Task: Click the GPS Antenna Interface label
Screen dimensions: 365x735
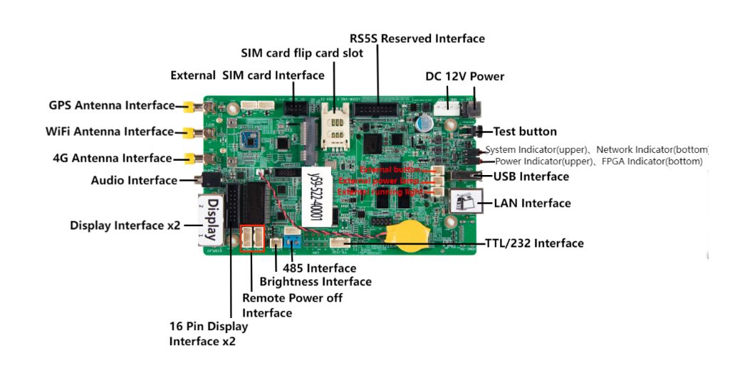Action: tap(111, 105)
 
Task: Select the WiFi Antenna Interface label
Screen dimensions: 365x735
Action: tap(110, 132)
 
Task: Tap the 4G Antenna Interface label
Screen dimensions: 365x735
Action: tap(112, 158)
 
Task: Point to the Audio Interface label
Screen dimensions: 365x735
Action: tap(134, 181)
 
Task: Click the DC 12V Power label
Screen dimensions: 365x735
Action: tap(464, 76)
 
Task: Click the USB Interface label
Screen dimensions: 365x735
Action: tap(531, 176)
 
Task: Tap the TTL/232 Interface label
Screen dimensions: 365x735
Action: tap(534, 243)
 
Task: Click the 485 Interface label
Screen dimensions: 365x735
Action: tap(319, 268)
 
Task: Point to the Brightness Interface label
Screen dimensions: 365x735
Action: tap(316, 282)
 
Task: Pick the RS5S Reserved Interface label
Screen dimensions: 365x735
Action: tap(417, 38)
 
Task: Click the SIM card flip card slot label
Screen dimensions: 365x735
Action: tap(302, 53)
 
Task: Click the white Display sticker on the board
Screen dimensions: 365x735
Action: tap(212, 216)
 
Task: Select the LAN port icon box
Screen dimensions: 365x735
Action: tap(469, 203)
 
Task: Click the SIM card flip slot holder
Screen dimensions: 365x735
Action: tap(332, 125)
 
